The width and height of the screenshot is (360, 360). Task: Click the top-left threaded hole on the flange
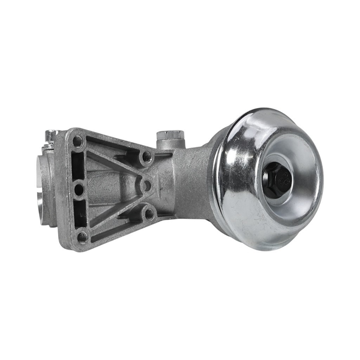(x=77, y=142)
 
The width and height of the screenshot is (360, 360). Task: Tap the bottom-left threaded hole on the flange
(x=82, y=236)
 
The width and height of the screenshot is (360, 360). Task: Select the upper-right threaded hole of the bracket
(x=146, y=157)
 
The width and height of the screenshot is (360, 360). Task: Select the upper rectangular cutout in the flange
(x=79, y=166)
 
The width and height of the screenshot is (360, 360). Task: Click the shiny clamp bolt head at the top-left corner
(x=51, y=136)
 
